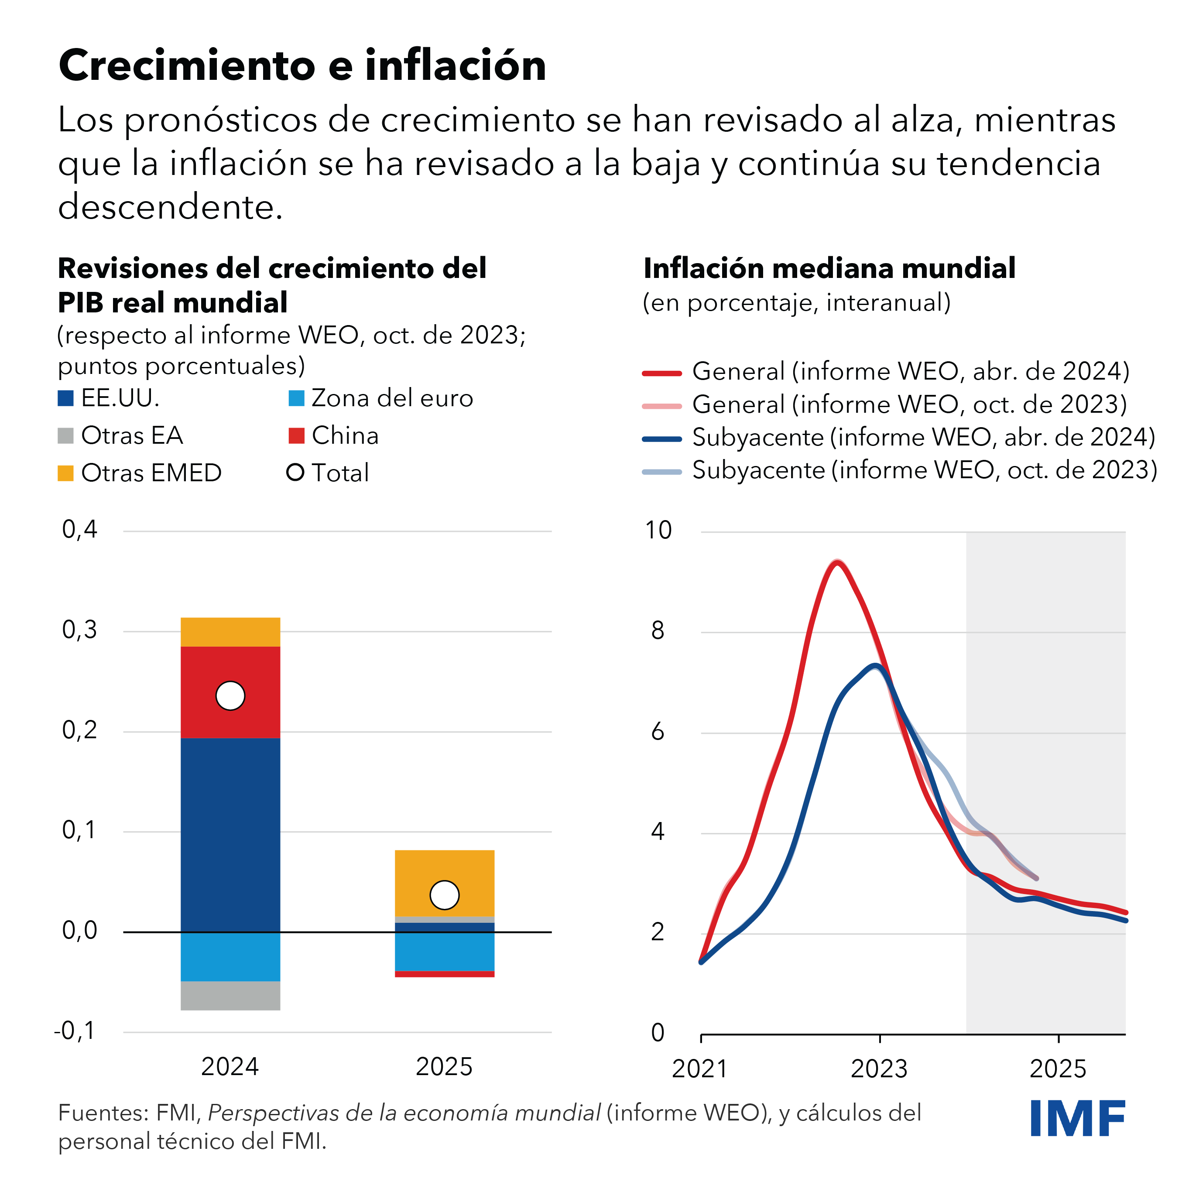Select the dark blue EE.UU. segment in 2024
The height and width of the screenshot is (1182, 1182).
[230, 835]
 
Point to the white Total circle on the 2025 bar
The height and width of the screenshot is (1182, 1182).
[444, 895]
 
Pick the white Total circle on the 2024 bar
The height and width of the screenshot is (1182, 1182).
[230, 695]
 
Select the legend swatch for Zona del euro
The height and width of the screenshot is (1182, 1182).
[296, 398]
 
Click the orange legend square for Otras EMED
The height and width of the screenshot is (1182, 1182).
[65, 473]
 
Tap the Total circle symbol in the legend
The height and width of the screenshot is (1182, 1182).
[295, 473]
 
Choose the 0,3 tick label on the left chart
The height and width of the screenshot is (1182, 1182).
[79, 630]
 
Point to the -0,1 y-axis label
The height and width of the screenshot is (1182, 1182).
[75, 1031]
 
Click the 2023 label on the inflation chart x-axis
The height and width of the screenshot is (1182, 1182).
[879, 1069]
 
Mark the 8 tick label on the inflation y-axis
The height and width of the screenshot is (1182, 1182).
[658, 631]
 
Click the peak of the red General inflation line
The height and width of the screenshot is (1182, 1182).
[837, 563]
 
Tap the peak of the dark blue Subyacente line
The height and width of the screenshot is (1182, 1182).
[876, 666]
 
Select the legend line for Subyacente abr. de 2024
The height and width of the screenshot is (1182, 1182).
[662, 439]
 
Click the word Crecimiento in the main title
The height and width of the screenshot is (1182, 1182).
[187, 65]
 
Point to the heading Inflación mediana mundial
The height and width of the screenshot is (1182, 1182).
[829, 269]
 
